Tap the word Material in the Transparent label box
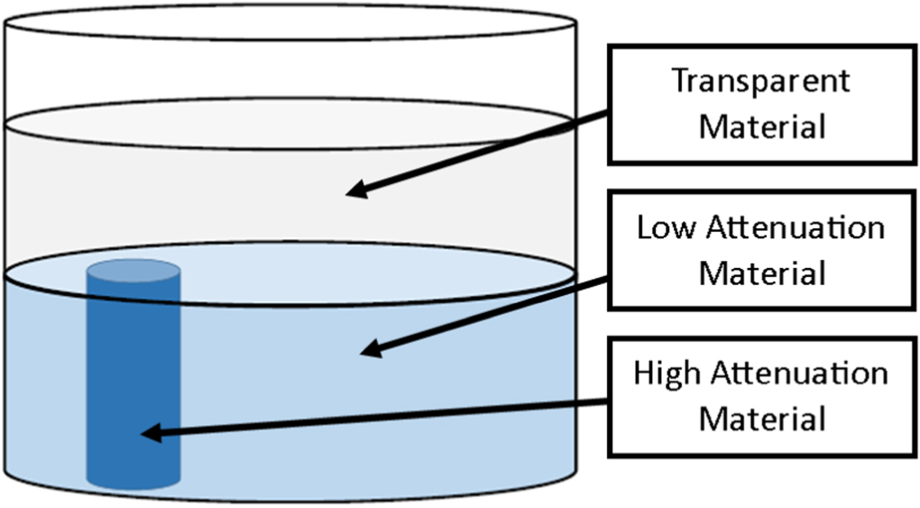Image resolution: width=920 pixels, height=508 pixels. click(x=762, y=126)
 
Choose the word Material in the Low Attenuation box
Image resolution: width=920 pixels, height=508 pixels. click(x=762, y=272)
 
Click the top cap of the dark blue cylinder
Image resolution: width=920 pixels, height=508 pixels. click(x=133, y=269)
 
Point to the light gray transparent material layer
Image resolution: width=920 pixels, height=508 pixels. click(x=225, y=199)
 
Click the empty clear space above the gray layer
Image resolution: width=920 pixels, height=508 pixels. click(x=289, y=72)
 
